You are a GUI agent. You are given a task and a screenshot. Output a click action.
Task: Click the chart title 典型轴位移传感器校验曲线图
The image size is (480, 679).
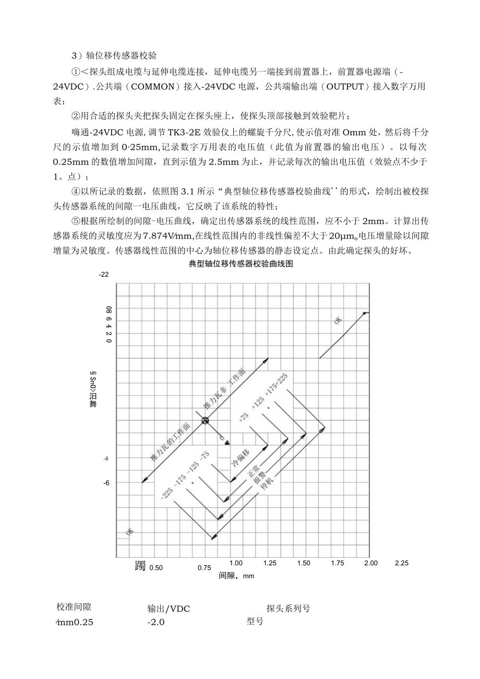click(x=241, y=264)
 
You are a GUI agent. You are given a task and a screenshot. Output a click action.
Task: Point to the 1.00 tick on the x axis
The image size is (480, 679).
click(x=236, y=563)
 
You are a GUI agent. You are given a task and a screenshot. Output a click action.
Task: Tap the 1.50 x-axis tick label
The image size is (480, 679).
click(x=304, y=563)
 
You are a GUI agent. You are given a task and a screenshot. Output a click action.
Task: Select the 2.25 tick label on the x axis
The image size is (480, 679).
click(x=402, y=563)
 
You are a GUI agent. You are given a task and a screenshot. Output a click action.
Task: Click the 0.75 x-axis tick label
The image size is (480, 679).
click(x=205, y=567)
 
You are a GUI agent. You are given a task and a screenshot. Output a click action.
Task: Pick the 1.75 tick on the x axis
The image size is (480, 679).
click(x=338, y=563)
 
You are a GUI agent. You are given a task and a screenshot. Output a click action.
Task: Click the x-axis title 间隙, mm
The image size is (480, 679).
click(x=236, y=576)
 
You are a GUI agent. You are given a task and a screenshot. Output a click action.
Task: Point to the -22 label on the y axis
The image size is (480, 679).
click(x=104, y=275)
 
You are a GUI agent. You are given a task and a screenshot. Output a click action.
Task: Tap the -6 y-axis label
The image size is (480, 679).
click(x=106, y=483)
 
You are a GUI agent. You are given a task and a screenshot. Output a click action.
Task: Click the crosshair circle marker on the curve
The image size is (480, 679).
click(x=205, y=421)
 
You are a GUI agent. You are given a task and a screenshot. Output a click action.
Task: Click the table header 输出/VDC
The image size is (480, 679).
click(x=169, y=609)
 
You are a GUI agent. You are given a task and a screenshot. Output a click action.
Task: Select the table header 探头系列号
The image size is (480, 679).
click(x=288, y=609)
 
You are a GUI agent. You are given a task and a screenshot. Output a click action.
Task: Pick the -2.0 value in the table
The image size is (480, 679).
click(x=156, y=622)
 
